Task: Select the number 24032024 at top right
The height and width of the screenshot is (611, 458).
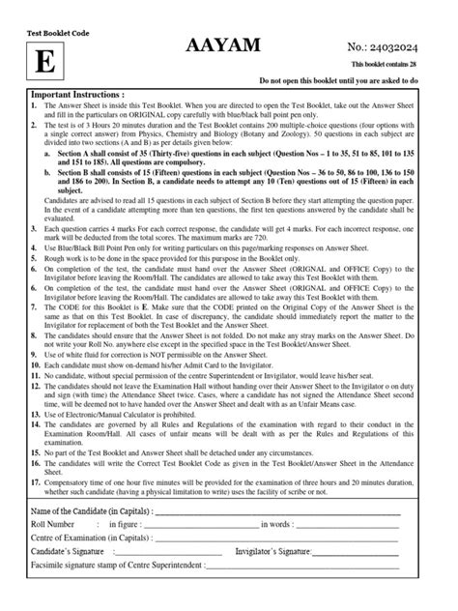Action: tap(409, 44)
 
